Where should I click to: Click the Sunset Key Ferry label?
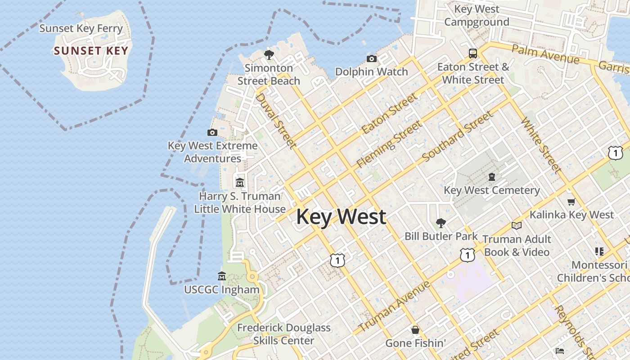click(81, 28)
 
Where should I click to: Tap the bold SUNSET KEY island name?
click(91, 50)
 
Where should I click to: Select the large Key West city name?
click(341, 216)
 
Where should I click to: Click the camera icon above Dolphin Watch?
click(372, 58)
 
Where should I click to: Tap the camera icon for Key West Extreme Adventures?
click(212, 132)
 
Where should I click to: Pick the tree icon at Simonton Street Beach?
click(269, 55)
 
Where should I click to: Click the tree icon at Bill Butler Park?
click(441, 223)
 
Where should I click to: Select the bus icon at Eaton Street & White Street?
click(473, 54)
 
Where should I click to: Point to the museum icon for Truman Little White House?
click(240, 183)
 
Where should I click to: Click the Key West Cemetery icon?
click(492, 177)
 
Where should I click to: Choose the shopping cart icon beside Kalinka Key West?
click(571, 202)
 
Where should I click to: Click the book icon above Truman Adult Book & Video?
click(517, 225)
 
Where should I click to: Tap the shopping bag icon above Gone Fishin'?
click(415, 330)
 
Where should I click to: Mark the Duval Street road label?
click(276, 121)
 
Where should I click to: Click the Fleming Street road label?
click(389, 144)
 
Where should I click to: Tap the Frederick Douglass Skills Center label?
click(283, 334)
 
